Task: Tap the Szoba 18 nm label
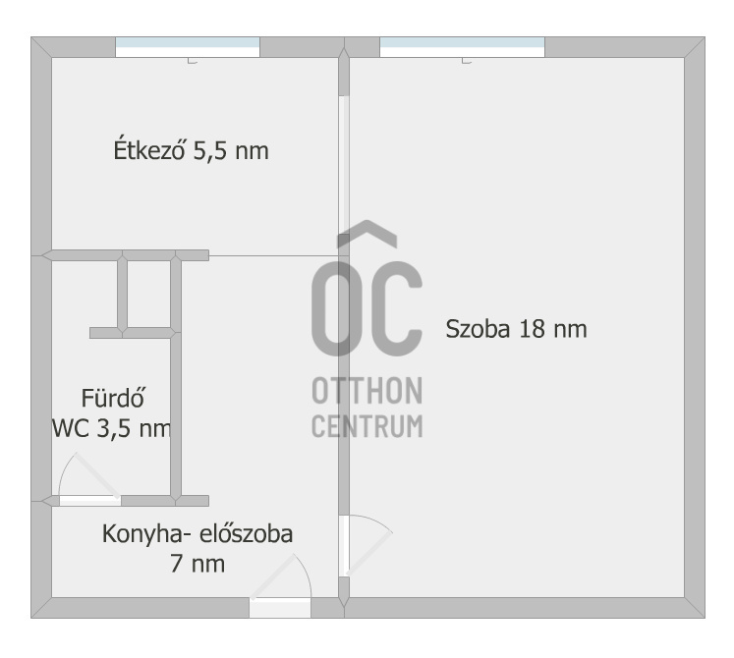516,329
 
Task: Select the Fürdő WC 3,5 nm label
112,413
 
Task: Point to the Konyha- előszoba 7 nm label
198,549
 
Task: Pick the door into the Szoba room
366,540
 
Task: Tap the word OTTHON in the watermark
367,391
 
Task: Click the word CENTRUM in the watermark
367,426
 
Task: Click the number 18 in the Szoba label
532,329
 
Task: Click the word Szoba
478,329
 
